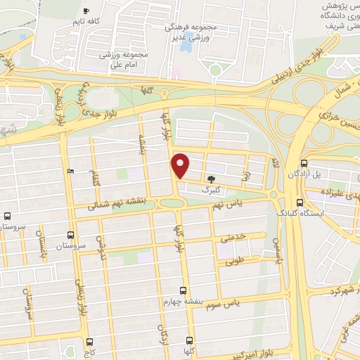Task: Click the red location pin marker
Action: pyautogui.click(x=181, y=165)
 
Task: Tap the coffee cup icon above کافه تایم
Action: pyautogui.click(x=86, y=11)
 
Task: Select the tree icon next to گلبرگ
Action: pyautogui.click(x=211, y=179)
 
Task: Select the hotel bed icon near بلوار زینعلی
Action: pyautogui.click(x=69, y=172)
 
